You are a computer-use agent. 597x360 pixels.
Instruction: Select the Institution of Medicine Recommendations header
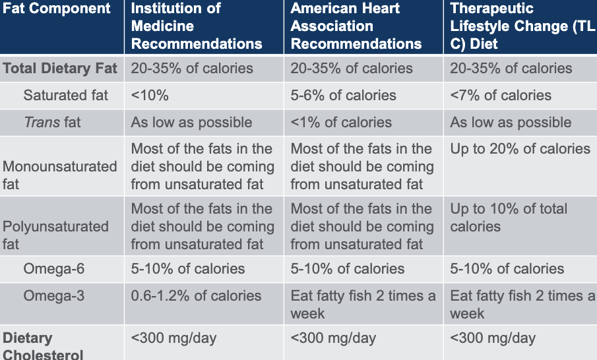196,26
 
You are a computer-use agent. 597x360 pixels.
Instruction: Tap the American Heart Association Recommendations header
356,26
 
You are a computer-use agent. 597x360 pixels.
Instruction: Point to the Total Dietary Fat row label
60,69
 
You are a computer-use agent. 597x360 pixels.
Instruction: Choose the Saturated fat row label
65,95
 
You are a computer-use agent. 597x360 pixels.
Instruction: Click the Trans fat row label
52,122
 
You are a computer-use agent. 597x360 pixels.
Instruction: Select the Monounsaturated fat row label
60,175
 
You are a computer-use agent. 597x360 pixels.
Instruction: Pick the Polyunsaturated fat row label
55,235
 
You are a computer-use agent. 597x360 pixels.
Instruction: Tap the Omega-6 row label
53,269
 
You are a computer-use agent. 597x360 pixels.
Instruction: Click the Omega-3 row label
53,296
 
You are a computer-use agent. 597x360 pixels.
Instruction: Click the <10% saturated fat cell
150,95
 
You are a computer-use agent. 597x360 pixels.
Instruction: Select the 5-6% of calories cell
343,95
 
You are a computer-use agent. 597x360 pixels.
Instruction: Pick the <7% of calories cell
501,95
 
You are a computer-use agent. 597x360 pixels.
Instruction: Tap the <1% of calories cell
341,122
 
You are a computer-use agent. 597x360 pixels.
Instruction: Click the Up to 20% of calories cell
520,149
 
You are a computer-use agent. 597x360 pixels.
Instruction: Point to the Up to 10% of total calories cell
509,218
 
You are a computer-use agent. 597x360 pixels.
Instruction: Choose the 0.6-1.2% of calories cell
196,296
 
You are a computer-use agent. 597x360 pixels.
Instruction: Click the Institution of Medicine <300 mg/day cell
173,339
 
